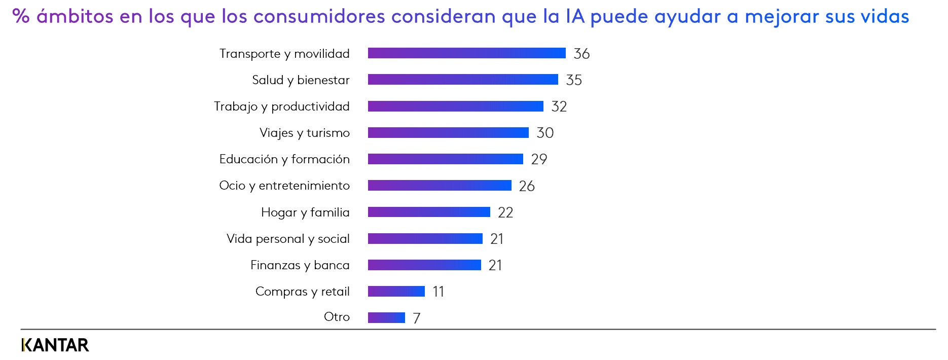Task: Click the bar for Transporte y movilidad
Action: point(466,53)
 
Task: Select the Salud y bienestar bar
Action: point(463,80)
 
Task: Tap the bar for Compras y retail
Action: point(396,291)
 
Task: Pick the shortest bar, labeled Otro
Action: point(386,317)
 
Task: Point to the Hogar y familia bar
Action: point(429,212)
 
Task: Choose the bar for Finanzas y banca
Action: point(424,265)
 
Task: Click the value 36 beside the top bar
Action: point(581,54)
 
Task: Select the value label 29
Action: point(539,159)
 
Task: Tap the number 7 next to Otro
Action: point(417,318)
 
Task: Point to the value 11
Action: point(438,292)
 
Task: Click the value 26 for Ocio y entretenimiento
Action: point(527,186)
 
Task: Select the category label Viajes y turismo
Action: point(304,133)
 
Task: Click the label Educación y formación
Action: point(284,159)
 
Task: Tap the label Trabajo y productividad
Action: point(281,106)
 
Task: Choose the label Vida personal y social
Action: point(288,238)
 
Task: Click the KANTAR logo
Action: point(55,345)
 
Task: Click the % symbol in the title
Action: point(21,16)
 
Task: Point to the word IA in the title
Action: point(575,16)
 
